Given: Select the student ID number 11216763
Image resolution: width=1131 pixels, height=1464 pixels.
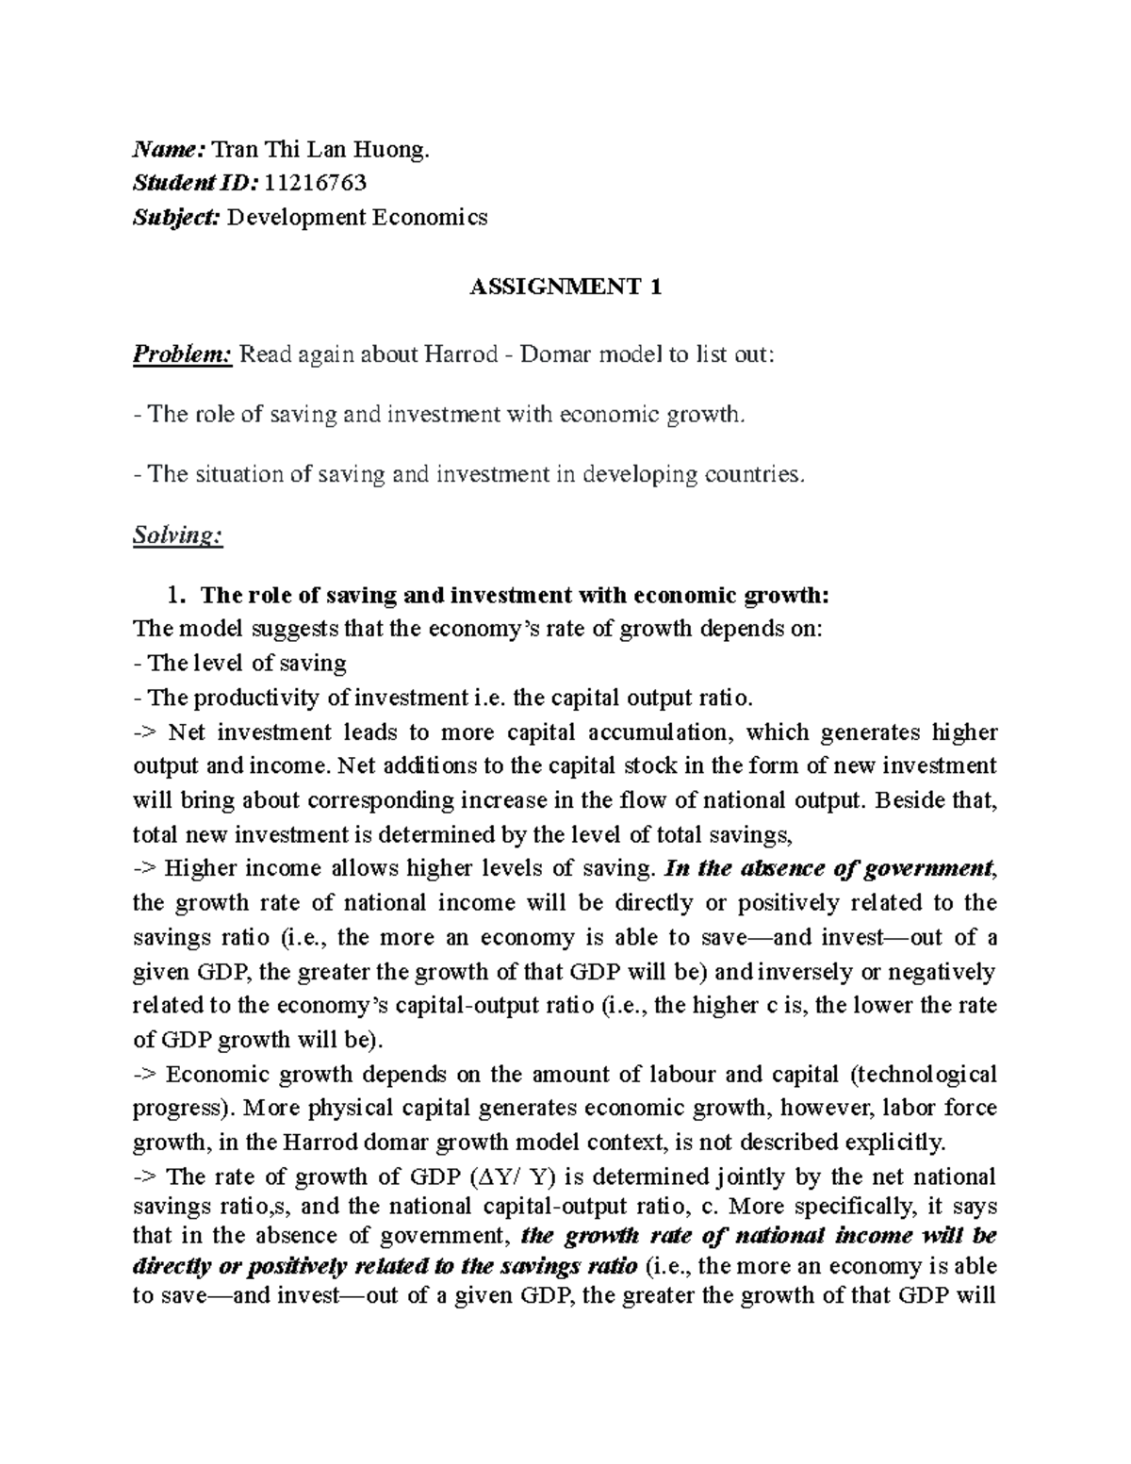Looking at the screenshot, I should tap(316, 183).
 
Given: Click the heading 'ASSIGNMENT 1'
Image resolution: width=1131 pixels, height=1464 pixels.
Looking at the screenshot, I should tap(565, 288).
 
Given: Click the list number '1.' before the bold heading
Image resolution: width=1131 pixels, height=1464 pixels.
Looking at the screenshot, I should tap(172, 595).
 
